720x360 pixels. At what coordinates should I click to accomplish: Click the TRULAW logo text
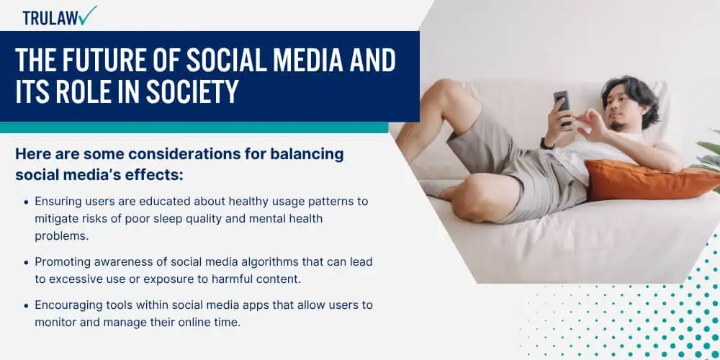tap(50, 18)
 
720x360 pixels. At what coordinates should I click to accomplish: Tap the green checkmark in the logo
tap(87, 15)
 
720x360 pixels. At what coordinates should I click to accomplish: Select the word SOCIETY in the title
tap(192, 91)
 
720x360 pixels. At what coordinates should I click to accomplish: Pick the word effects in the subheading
tap(156, 174)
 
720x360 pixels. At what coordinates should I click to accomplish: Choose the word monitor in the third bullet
tap(55, 323)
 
